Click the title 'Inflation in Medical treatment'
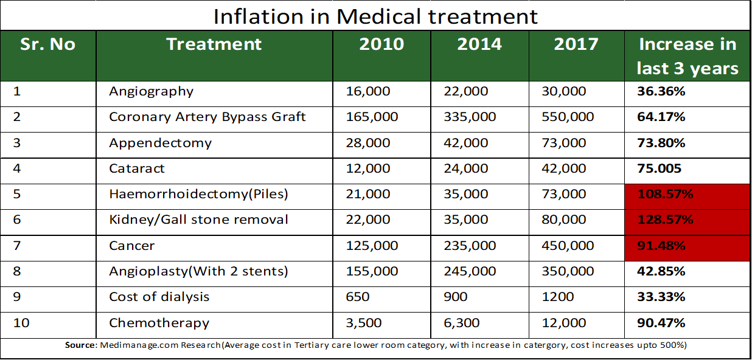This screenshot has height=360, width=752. click(x=375, y=16)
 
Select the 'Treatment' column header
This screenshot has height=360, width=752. click(x=214, y=44)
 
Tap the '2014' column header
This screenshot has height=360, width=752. click(x=479, y=44)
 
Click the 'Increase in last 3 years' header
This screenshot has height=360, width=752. click(x=688, y=56)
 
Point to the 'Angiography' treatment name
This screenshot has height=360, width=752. click(x=151, y=92)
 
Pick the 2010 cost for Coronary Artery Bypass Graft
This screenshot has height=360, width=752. click(x=372, y=117)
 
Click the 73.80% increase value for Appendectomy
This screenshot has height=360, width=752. click(x=661, y=143)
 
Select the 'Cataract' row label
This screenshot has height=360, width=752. click(x=137, y=168)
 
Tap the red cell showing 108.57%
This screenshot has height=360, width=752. click(x=688, y=196)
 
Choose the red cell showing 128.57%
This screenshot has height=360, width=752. click(x=688, y=223)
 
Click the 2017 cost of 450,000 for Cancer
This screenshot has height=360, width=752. click(x=568, y=246)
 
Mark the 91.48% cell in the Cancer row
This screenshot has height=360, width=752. click(x=688, y=248)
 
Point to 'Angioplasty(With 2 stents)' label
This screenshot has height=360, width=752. click(x=198, y=271)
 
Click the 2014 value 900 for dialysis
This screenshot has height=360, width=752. click(x=456, y=297)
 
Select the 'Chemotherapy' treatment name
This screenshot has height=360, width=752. click(x=159, y=323)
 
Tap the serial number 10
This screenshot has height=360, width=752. click(x=21, y=323)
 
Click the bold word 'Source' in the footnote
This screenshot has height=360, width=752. click(x=80, y=345)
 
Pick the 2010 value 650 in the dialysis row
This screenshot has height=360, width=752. click(x=358, y=297)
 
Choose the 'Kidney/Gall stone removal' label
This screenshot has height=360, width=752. click(x=198, y=220)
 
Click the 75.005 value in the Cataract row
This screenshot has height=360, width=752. click(x=659, y=168)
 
